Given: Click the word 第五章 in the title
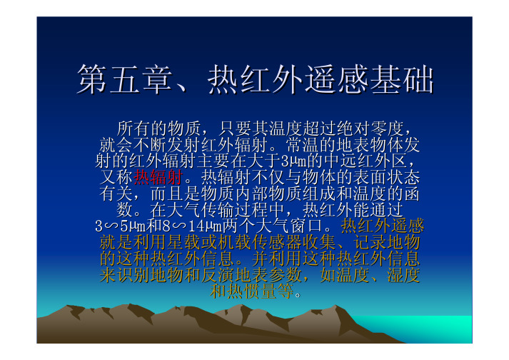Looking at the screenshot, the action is pyautogui.click(x=125, y=79).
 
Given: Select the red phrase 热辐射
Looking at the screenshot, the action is pyautogui.click(x=158, y=177).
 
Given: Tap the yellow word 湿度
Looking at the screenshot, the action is pyautogui.click(x=403, y=275).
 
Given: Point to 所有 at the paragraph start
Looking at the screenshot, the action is pyautogui.click(x=133, y=129).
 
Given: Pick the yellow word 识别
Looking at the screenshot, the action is pyautogui.click(x=133, y=275).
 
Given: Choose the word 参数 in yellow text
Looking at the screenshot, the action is pyautogui.click(x=285, y=275).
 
